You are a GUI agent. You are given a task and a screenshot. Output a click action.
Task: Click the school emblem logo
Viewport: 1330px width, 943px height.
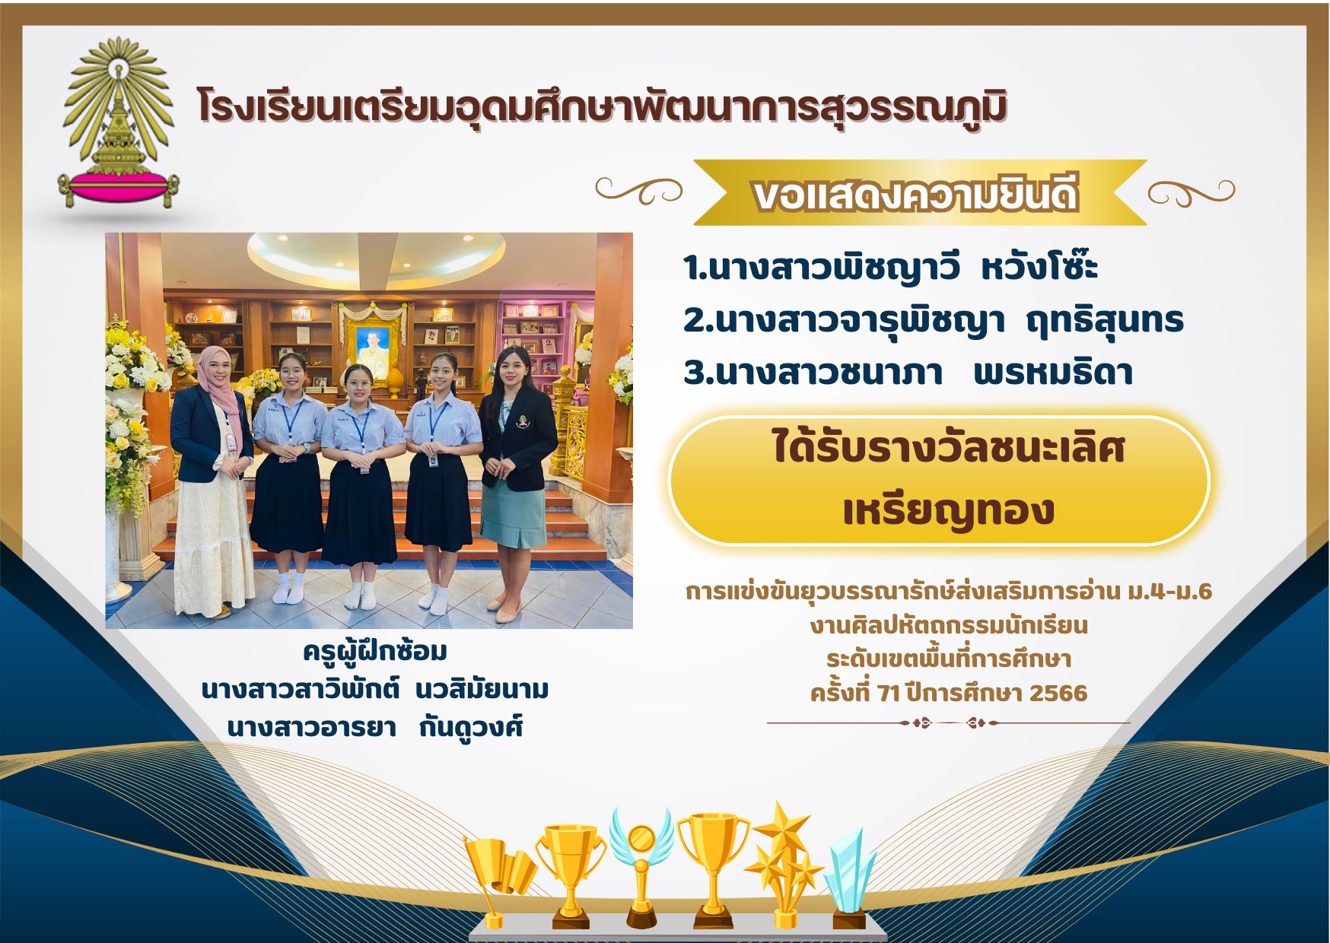tap(119, 122)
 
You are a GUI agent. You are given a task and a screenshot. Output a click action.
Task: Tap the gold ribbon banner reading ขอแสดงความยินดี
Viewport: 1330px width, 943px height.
tap(919, 193)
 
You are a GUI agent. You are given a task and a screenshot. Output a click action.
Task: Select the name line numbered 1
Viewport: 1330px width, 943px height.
tap(889, 267)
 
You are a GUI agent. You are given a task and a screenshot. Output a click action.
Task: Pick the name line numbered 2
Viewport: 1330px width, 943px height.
tap(933, 320)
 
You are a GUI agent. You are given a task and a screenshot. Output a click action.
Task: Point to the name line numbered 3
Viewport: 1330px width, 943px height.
tap(908, 372)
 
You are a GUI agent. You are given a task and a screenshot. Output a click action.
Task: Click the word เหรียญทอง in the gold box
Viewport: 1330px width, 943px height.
tap(948, 510)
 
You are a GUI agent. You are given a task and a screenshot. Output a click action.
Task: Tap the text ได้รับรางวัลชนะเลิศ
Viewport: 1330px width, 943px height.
tap(948, 446)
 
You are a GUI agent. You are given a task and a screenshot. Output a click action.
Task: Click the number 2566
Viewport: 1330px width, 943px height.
tap(1058, 693)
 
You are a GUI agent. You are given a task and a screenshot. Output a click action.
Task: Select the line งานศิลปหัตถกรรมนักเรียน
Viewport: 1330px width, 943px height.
tap(949, 626)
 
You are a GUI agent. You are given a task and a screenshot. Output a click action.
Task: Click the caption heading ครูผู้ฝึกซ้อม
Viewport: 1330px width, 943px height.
tap(375, 652)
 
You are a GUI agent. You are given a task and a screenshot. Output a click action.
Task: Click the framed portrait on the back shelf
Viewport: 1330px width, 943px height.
tap(374, 339)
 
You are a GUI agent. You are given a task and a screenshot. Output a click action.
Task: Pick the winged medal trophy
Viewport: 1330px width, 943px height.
tap(641, 867)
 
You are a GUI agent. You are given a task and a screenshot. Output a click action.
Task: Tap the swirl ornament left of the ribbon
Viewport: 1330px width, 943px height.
tap(639, 190)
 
